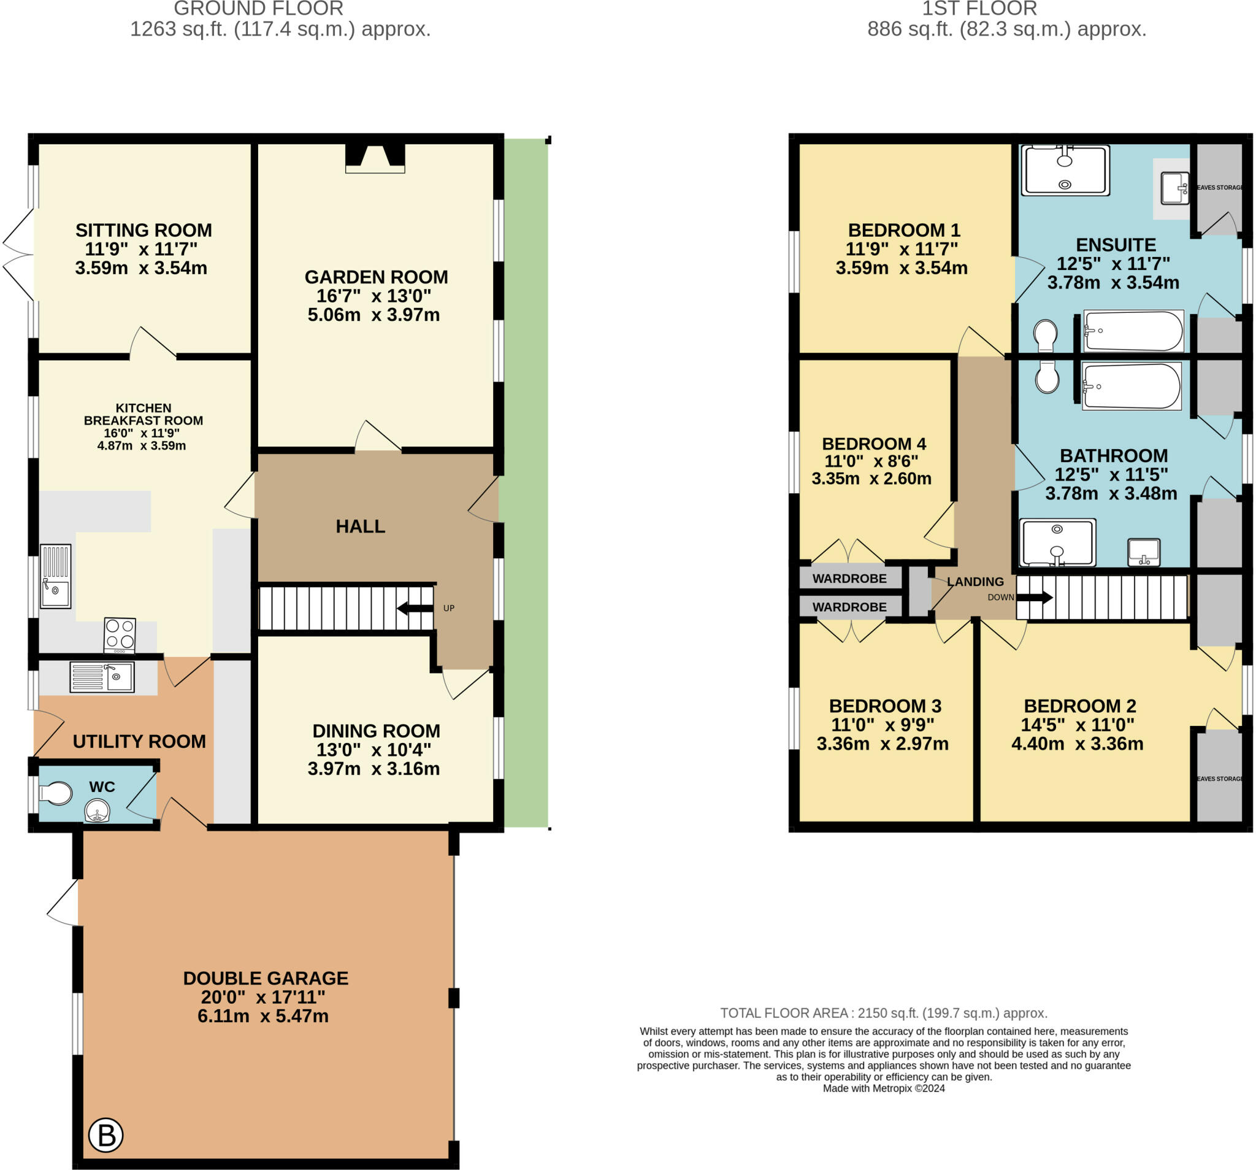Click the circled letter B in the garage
click(x=105, y=1135)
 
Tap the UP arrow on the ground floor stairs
click(x=415, y=608)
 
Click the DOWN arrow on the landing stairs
click(x=1034, y=597)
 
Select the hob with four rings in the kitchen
click(x=120, y=635)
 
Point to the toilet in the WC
click(x=56, y=794)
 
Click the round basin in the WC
click(x=98, y=810)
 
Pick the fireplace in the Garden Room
click(x=375, y=158)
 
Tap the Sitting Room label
click(x=144, y=230)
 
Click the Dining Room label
click(x=376, y=731)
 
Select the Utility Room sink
click(x=102, y=677)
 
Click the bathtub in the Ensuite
click(x=1133, y=331)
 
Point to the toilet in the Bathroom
click(x=1047, y=377)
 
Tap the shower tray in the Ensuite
click(x=1065, y=169)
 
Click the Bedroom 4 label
click(x=873, y=444)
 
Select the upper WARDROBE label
click(x=849, y=579)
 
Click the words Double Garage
click(x=266, y=978)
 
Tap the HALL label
click(x=360, y=526)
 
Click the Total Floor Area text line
click(x=884, y=1012)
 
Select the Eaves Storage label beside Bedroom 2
click(x=1219, y=779)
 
